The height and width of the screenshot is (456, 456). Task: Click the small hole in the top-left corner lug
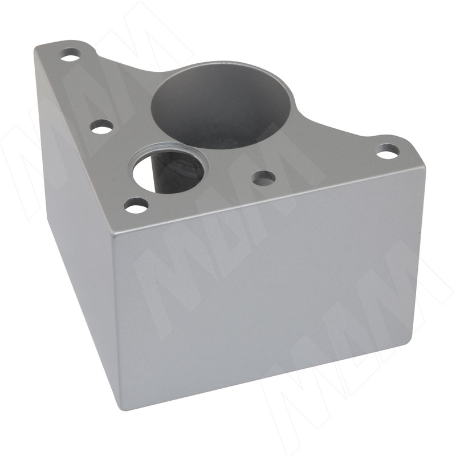70,55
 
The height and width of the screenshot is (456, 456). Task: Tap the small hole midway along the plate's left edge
101,127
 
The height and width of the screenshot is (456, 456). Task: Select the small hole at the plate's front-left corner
136,205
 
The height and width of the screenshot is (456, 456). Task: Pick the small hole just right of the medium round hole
264,178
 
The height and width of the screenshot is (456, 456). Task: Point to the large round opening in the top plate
221,104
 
